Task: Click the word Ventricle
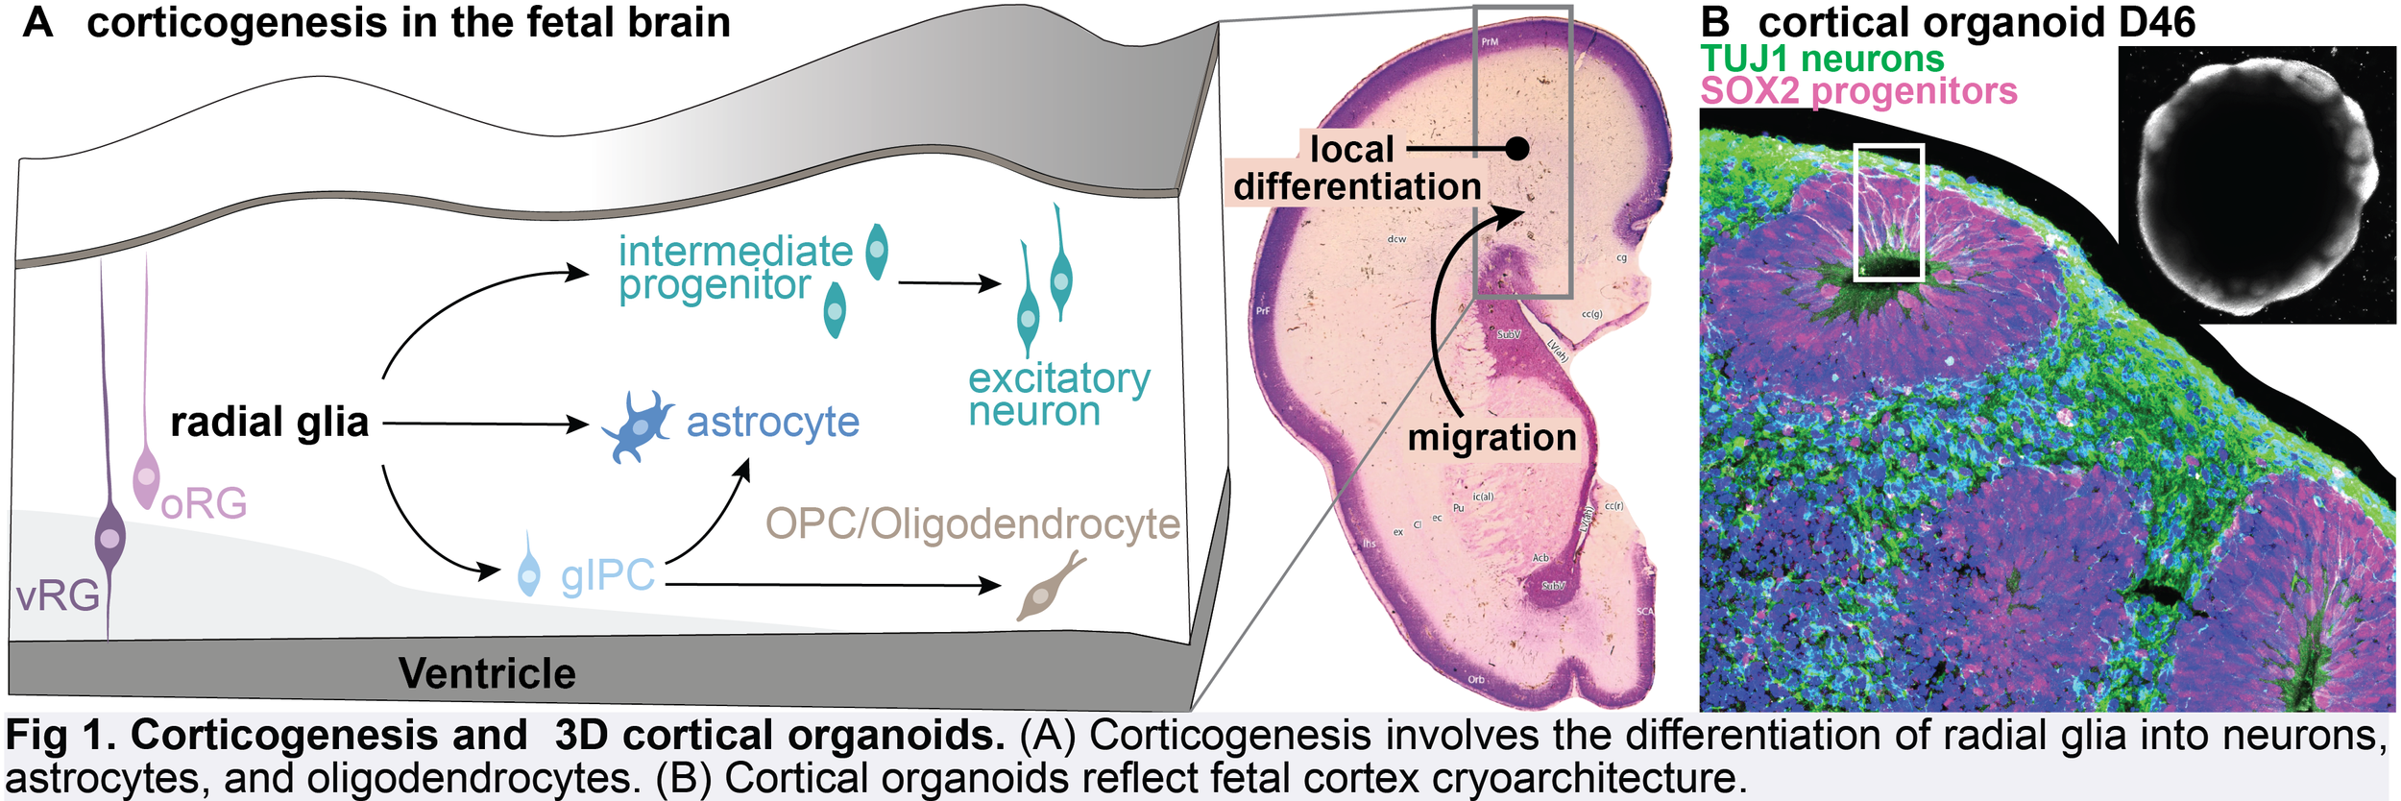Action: (x=487, y=673)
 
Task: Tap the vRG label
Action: (x=58, y=596)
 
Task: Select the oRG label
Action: (x=204, y=503)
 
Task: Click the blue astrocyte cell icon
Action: (x=637, y=425)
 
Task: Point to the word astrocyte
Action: (x=772, y=422)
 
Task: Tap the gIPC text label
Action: (x=607, y=575)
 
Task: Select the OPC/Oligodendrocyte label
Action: (x=972, y=524)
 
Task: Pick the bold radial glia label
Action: (x=270, y=422)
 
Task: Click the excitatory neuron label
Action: (x=1058, y=395)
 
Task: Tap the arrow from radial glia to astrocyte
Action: (x=485, y=423)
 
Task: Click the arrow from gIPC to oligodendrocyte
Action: (x=832, y=584)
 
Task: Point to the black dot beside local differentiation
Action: (x=1517, y=149)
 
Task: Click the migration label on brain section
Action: (x=1492, y=438)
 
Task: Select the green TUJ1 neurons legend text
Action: (x=1822, y=59)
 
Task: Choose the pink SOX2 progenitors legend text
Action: (x=1858, y=91)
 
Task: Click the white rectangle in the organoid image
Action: (x=1888, y=212)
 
